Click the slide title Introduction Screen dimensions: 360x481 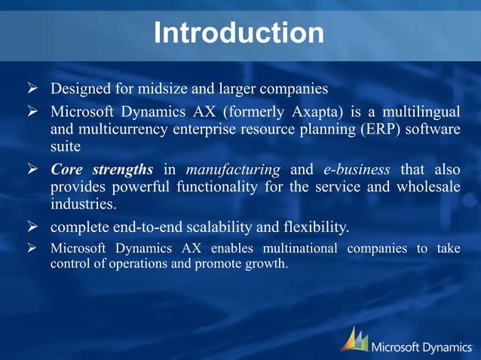point(239,32)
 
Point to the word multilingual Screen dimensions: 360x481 point(419,111)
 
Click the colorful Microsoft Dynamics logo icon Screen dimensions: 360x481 point(354,340)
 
